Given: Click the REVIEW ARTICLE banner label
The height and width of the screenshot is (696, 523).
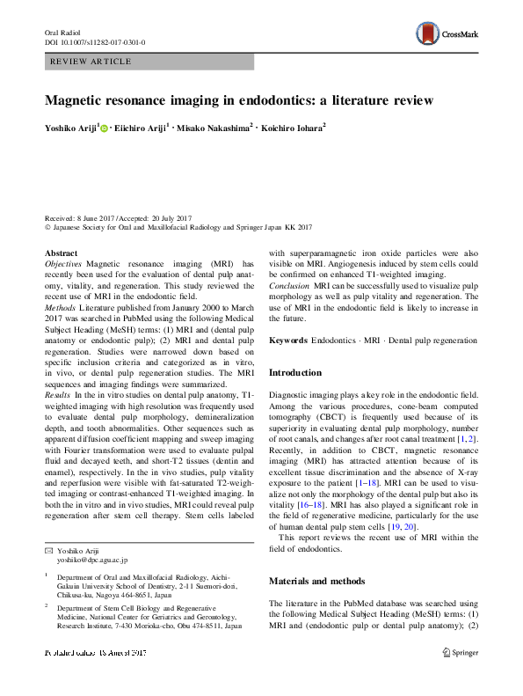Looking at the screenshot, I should point(91,62).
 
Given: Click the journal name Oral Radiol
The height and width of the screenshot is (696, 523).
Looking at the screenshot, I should point(62,32).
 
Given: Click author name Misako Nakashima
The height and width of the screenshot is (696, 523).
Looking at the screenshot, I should point(217,128).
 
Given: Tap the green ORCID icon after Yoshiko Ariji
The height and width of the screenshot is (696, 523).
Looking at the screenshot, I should point(105,128).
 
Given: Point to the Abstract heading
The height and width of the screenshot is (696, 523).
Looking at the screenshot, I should point(62,253).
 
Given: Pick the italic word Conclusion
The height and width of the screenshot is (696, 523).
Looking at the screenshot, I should point(289,287).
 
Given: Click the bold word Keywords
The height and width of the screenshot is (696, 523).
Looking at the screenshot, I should point(289,341).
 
